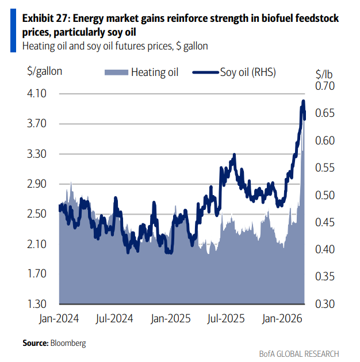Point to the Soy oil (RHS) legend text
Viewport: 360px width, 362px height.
[x=248, y=73]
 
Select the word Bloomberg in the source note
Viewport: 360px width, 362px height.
[x=68, y=343]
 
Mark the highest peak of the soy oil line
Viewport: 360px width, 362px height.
[x=304, y=101]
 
